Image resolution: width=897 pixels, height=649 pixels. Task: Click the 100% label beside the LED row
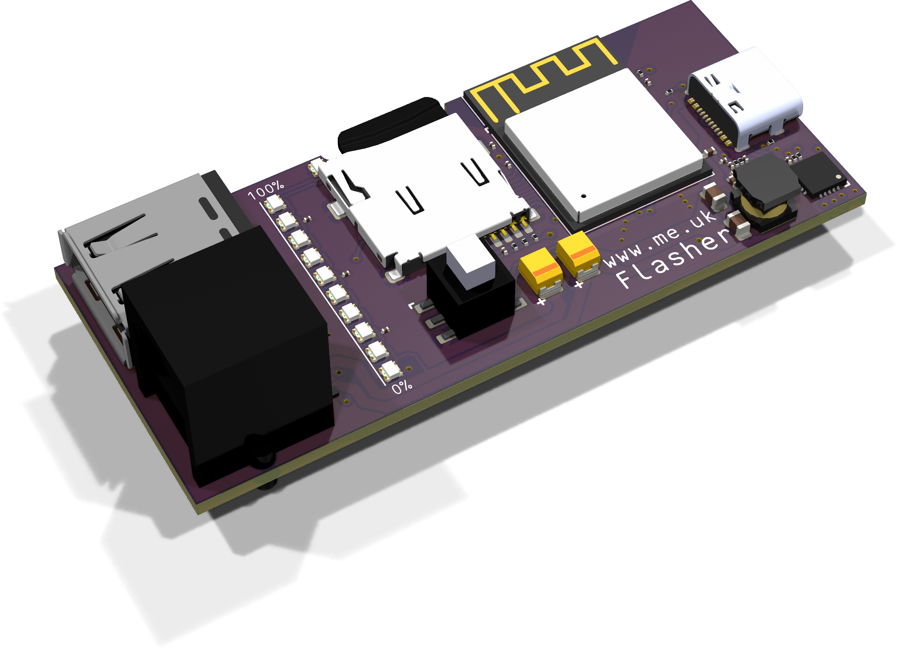(266, 191)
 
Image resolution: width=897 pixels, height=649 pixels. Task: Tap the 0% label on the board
(402, 387)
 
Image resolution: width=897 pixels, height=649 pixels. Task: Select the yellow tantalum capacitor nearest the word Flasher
(578, 254)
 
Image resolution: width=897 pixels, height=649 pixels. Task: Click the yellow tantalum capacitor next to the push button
(540, 271)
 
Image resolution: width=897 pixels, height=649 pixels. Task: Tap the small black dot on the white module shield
(583, 196)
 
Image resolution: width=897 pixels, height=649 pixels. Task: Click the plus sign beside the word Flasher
(579, 284)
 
